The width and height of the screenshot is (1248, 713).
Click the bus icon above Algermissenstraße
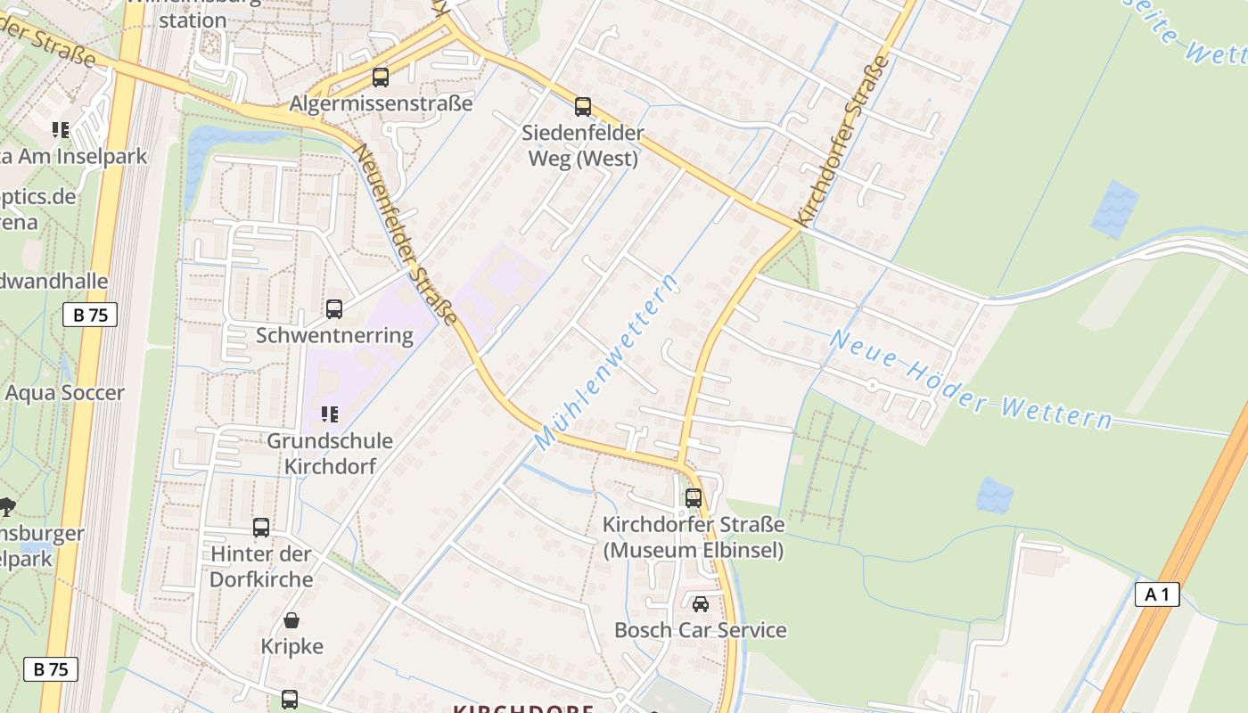point(381,78)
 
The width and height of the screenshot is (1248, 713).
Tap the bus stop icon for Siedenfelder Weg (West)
point(583,107)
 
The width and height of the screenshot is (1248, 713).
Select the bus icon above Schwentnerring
point(334,309)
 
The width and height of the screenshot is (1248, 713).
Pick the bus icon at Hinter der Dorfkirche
point(261,528)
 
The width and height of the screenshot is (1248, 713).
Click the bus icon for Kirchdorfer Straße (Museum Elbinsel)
point(694,498)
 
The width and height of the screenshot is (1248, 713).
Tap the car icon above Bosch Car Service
point(701,604)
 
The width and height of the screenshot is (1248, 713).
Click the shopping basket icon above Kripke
point(291,620)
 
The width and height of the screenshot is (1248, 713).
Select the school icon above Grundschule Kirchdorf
point(329,414)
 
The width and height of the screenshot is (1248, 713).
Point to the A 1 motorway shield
point(1157,594)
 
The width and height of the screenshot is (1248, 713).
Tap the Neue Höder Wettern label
point(971,380)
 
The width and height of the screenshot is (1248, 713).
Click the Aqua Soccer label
point(65,393)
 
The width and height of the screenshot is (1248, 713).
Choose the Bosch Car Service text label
point(701,631)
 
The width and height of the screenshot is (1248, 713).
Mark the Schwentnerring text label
point(334,336)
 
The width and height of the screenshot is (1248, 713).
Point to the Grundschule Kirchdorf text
point(330,454)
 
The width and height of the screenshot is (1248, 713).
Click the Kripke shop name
point(291,646)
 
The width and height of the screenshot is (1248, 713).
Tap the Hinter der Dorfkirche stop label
point(261,567)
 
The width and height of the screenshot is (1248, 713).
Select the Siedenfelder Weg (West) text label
point(584,146)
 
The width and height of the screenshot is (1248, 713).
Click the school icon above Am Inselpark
point(61,130)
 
